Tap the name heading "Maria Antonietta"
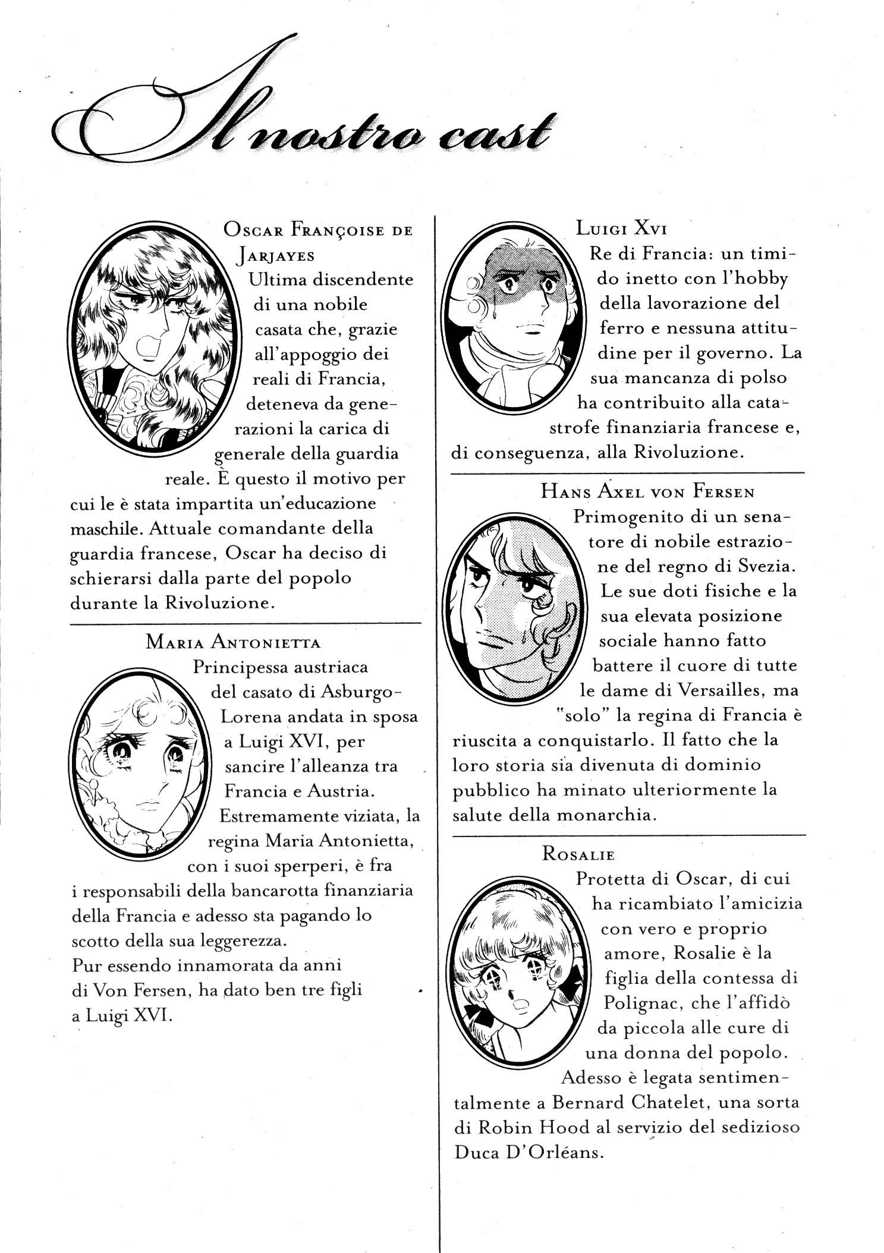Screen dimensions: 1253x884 [x=233, y=642]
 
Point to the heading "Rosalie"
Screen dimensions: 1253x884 [x=578, y=854]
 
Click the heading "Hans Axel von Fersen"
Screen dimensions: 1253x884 [x=647, y=491]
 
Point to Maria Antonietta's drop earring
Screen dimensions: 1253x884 [x=95, y=791]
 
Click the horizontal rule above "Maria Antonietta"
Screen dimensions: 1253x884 [x=245, y=623]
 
